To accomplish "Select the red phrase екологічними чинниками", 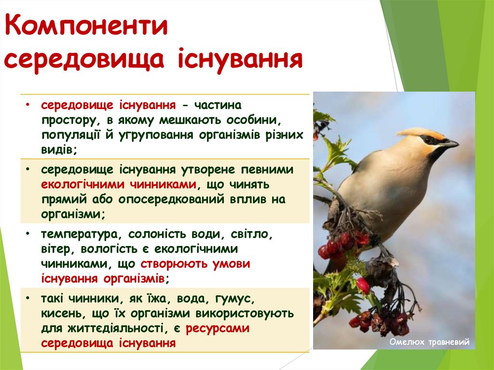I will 119,184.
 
